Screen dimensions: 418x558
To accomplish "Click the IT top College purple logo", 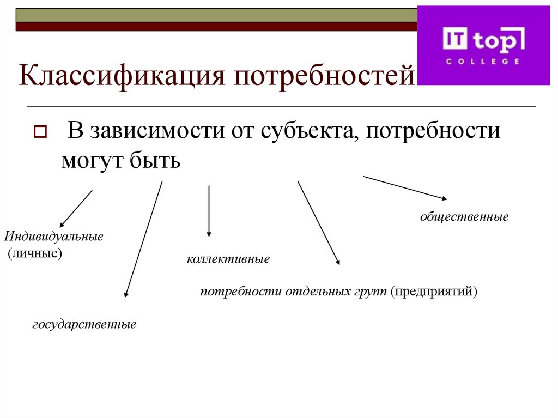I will [x=483, y=45].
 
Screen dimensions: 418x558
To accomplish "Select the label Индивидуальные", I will [x=54, y=238].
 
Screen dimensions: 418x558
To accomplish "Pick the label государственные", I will [x=84, y=324].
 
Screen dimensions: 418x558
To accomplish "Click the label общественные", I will [x=464, y=217].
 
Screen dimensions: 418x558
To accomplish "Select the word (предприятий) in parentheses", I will [x=433, y=292].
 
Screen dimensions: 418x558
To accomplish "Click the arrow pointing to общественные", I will [x=405, y=187].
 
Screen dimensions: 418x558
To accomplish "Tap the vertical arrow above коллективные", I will [x=209, y=211].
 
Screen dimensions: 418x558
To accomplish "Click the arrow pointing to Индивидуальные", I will [x=76, y=208].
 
